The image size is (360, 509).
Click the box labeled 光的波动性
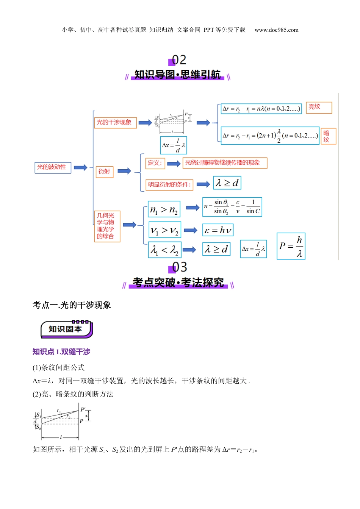click(53, 167)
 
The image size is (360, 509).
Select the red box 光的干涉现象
click(115, 122)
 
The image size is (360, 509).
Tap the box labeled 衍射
click(104, 172)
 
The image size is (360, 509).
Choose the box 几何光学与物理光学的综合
click(107, 226)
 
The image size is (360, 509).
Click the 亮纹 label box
click(318, 107)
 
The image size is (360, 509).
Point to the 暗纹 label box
click(328, 136)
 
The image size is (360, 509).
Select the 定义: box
click(155, 163)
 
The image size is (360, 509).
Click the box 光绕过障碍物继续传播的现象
click(225, 163)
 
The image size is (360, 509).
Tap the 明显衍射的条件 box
click(169, 185)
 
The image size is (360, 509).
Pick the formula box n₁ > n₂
click(164, 209)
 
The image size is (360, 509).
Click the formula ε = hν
click(218, 230)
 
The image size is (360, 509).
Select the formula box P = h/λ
click(291, 246)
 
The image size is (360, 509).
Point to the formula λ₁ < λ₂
click(164, 250)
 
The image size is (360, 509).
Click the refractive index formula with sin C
click(232, 207)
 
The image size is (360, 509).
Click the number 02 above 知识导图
click(179, 60)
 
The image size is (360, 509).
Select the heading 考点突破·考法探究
click(178, 283)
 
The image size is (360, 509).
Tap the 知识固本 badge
click(66, 329)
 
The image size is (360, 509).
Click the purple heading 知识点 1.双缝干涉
click(61, 352)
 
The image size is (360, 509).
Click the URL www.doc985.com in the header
click(276, 30)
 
